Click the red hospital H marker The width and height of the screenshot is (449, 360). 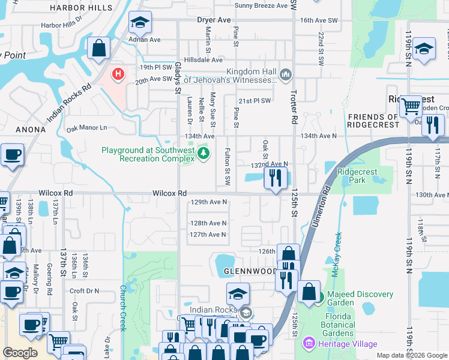[x=118, y=74]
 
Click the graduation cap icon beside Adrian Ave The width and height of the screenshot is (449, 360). [x=140, y=23]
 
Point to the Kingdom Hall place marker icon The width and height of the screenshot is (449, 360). [x=285, y=75]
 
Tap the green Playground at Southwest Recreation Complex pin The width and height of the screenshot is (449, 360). [x=204, y=154]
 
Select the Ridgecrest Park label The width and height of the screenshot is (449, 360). [x=357, y=176]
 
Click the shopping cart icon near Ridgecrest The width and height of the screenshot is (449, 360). [x=411, y=106]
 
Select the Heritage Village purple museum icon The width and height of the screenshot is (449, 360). [x=309, y=344]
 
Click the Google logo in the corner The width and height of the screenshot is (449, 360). [x=20, y=353]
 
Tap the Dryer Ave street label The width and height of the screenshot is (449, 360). [x=214, y=20]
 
